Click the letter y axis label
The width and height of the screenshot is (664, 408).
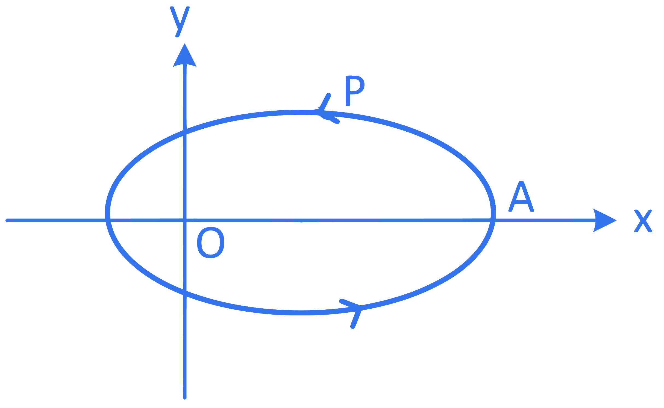[180, 22]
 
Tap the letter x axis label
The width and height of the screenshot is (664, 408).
[643, 221]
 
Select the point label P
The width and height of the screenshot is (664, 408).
[355, 91]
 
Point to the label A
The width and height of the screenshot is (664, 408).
[521, 196]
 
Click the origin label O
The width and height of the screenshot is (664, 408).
[210, 243]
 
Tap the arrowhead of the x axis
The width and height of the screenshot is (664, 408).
[604, 220]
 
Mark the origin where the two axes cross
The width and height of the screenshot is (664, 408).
[185, 220]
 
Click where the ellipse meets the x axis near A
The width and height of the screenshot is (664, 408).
[493, 220]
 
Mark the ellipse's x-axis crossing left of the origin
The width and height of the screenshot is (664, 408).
[108, 220]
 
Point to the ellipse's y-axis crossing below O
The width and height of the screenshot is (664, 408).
[185, 293]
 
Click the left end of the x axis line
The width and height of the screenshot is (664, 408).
[6, 220]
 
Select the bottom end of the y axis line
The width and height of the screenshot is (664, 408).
[185, 398]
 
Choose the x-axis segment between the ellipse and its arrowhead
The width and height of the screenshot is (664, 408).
[545, 220]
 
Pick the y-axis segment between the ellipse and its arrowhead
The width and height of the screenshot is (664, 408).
[185, 97]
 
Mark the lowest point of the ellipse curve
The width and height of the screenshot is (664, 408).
[301, 313]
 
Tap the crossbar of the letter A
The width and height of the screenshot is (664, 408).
[521, 202]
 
